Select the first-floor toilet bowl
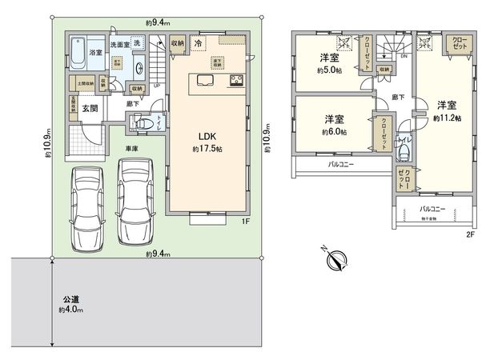coord(141,124)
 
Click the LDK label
coord(207,136)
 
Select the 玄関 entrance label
coord(90,110)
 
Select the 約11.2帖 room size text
coord(445,117)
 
